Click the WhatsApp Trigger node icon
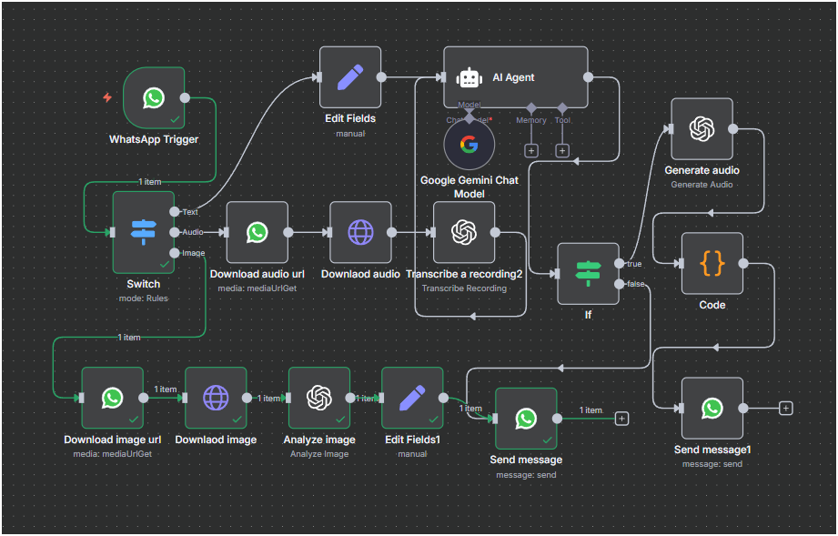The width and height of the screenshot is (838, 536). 153,97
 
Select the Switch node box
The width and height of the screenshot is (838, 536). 143,231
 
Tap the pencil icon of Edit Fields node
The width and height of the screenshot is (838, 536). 349,77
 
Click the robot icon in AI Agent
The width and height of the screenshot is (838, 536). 469,78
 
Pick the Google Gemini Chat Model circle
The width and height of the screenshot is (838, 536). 469,145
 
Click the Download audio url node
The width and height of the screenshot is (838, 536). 257,232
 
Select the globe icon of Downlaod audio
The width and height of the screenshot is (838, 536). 360,232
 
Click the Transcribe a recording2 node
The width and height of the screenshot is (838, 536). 464,232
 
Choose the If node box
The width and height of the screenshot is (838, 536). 588,274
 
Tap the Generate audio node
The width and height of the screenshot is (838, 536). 702,129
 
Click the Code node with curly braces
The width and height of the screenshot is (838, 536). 712,264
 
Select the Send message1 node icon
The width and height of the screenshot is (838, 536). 712,408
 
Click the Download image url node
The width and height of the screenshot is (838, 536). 112,398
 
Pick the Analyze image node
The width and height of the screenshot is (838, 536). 318,398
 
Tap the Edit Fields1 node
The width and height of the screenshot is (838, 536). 412,398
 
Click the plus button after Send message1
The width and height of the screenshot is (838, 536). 786,408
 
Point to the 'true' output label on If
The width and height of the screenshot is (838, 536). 634,264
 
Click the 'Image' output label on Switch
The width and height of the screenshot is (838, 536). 193,253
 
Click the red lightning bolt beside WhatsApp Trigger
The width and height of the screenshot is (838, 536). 107,97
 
